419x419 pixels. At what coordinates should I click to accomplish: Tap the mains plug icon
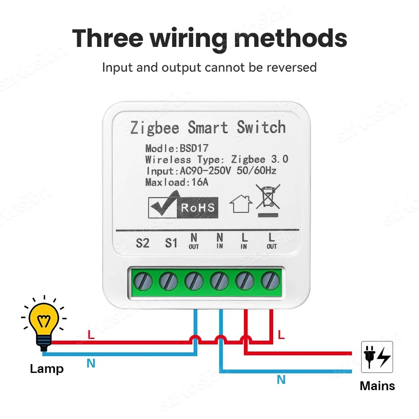point(377,357)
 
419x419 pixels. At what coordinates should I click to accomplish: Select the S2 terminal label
point(143,243)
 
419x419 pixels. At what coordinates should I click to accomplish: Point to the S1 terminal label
point(171,243)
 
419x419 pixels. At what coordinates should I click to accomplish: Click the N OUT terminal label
point(194,241)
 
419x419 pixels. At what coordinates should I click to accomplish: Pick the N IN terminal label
point(220,241)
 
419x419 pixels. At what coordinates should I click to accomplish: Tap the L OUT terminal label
point(272,241)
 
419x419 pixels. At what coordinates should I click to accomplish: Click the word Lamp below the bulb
point(47,369)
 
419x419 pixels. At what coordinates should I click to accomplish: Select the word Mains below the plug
point(377,386)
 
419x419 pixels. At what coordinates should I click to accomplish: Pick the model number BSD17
point(194,148)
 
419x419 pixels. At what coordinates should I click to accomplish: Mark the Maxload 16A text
point(176,182)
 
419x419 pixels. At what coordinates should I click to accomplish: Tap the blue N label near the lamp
point(91,363)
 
